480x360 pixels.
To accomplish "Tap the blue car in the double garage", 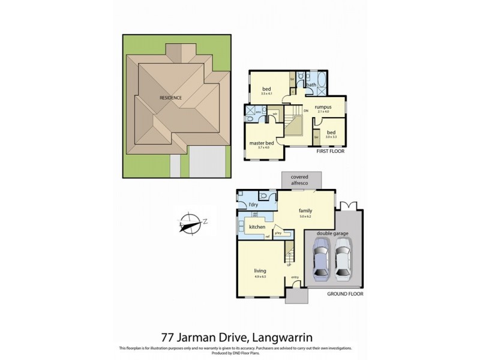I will pyautogui.click(x=322, y=259).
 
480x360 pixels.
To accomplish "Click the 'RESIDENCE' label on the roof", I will pyautogui.click(x=170, y=98).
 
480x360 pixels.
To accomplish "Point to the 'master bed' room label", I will pyautogui.click(x=262, y=143).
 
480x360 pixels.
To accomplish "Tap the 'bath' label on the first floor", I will pyautogui.click(x=311, y=85).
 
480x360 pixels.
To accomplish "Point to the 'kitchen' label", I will pyautogui.click(x=257, y=227).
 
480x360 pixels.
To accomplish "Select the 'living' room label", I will pyautogui.click(x=260, y=271).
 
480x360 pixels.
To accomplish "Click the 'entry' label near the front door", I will pyautogui.click(x=295, y=277).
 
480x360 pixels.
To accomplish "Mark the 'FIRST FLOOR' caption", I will pyautogui.click(x=332, y=153).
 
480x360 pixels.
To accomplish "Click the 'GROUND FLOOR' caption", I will pyautogui.click(x=345, y=294).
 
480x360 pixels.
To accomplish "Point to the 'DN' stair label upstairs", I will pyautogui.click(x=305, y=111).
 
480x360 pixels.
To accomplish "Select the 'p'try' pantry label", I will pyautogui.click(x=278, y=232).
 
